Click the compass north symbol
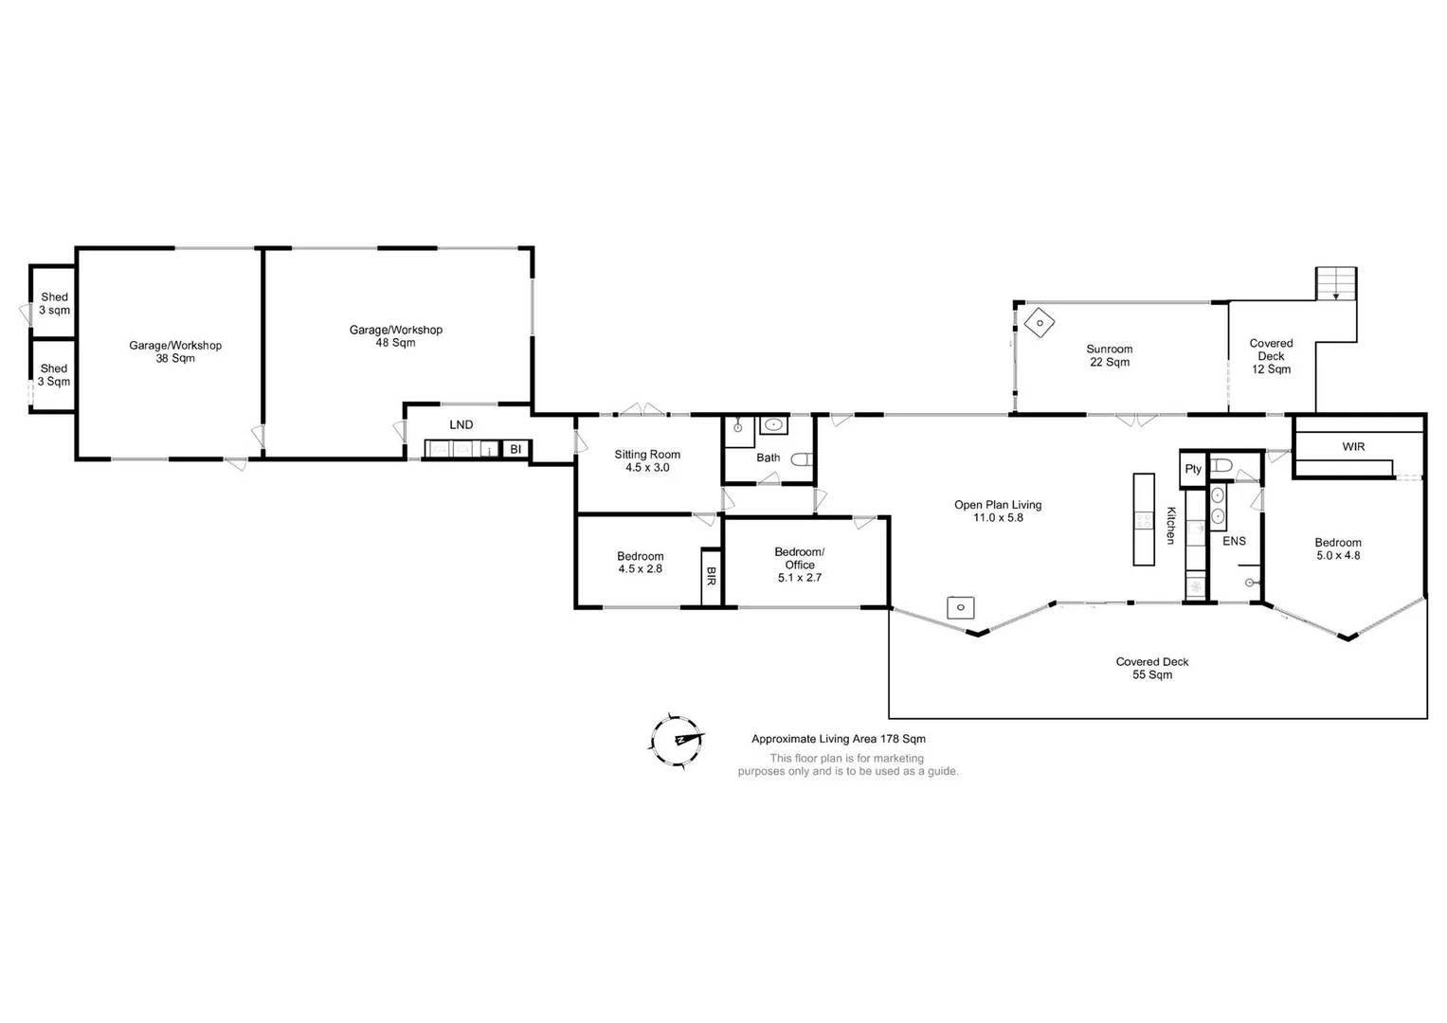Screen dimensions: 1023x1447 point(678,739)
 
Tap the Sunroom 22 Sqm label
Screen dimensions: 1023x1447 point(1109,355)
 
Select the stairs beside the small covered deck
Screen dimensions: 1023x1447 point(1336,283)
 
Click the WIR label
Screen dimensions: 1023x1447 point(1353,446)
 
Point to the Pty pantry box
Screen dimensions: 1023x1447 point(1193,469)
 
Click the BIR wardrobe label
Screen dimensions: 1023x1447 point(711,577)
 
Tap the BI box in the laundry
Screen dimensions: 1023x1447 point(515,449)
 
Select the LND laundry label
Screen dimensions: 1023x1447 point(461,424)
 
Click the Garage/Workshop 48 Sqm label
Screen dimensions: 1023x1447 point(396,336)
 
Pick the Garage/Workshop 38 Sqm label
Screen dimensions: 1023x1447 point(175,351)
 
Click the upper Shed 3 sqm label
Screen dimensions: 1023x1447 point(54,303)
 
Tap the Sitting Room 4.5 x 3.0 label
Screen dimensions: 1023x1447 point(647,461)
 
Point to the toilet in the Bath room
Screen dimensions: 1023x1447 point(802,460)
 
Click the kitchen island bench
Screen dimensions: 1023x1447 point(1144,519)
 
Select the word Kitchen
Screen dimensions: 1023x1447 point(1170,526)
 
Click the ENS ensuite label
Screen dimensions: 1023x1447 point(1234,541)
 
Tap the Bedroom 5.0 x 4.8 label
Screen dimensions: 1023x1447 point(1338,549)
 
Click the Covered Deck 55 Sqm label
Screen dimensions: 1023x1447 point(1151,668)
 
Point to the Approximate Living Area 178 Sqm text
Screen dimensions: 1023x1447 point(839,739)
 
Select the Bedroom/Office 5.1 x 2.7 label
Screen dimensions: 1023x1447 point(800,565)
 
